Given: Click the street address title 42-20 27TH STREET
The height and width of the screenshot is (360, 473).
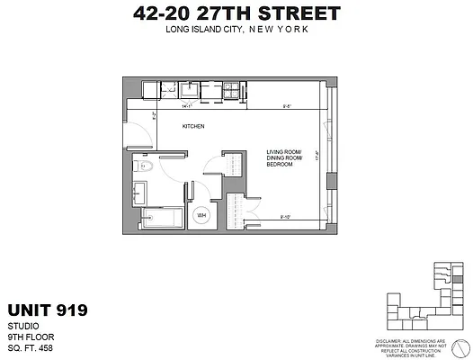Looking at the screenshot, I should (x=236, y=13).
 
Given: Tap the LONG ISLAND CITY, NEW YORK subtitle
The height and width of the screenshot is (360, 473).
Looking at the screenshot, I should (x=236, y=31).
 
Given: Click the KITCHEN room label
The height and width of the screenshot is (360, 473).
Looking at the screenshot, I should (x=194, y=127).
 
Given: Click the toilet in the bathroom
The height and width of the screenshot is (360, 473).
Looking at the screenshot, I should (x=147, y=166).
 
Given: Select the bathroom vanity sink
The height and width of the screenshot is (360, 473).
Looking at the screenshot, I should (x=141, y=191).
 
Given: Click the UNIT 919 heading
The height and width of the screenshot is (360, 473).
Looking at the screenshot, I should (x=47, y=310).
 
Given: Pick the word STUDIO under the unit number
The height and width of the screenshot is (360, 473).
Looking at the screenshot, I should (x=22, y=327).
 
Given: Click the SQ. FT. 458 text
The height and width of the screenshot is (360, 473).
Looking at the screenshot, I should (x=32, y=347).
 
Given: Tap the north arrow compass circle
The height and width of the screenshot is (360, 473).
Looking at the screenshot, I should (x=460, y=347).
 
